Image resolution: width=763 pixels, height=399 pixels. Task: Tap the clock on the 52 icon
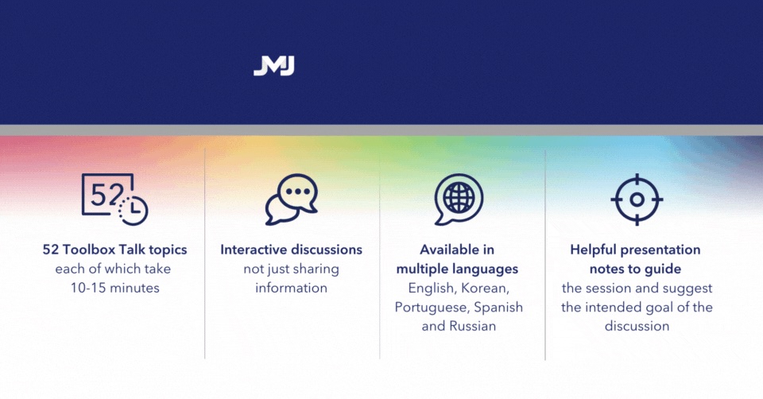point(133,209)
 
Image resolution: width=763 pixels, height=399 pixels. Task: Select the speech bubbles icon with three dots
point(291,199)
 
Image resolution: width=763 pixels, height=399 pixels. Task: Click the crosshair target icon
point(636,199)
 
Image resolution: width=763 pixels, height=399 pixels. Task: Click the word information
point(291,288)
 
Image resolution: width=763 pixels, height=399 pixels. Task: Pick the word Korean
point(486,288)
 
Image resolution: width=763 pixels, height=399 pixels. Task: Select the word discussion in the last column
point(637,326)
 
